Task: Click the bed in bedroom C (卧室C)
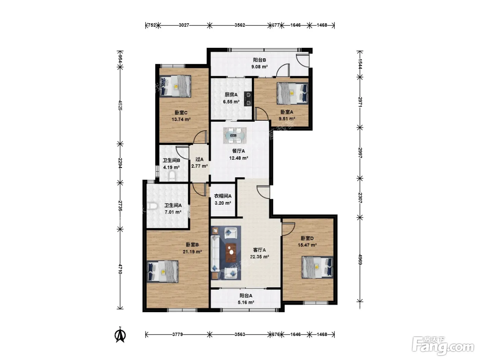coord(175,86)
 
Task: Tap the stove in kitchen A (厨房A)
coord(249,99)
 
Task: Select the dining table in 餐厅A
coord(235,135)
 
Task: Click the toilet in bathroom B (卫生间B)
coord(172,176)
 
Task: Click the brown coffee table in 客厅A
coord(231,252)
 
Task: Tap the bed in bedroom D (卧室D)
coord(317,267)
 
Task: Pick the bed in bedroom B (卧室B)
coord(163,272)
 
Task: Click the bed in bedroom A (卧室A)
coord(292,93)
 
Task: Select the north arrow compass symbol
coord(120,335)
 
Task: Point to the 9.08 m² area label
coord(259,67)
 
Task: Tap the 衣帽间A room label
coord(223,196)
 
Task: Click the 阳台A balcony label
coord(246,296)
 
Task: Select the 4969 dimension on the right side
coord(360,260)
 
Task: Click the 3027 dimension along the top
coord(184,25)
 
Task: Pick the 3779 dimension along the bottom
coord(178,334)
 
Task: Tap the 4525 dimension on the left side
coord(120,105)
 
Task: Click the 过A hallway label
coord(199,159)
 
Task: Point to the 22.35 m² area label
coord(259,256)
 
